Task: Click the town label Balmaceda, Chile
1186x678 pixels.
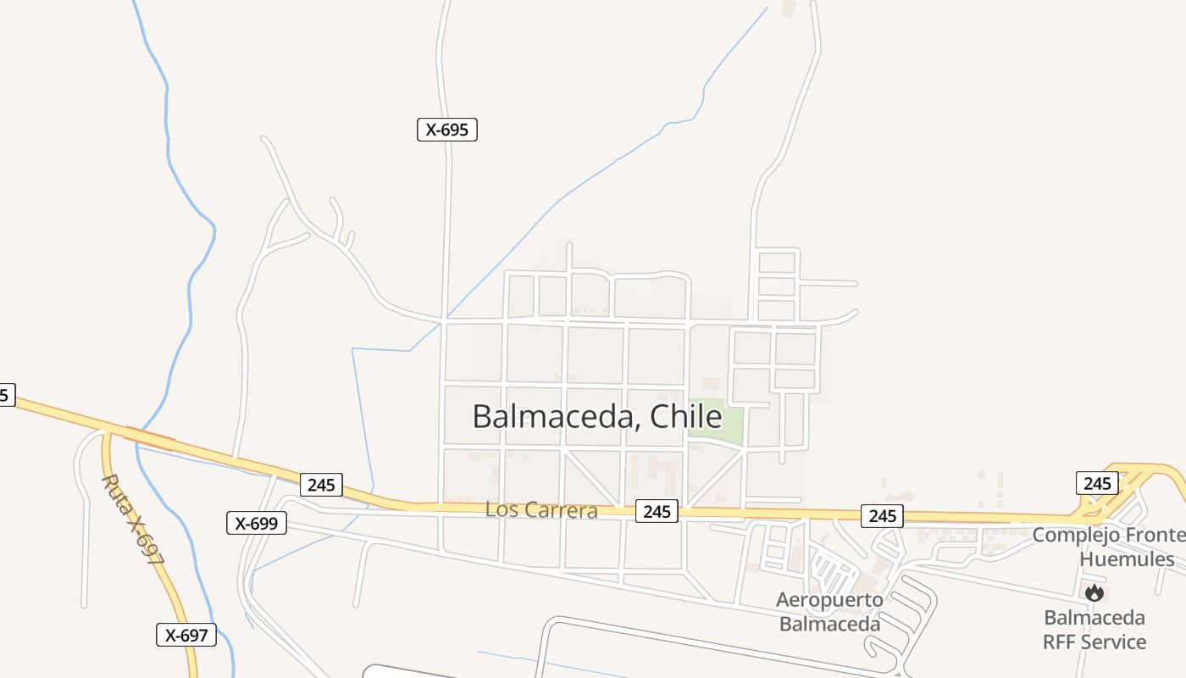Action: [596, 417]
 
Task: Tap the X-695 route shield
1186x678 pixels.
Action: [447, 130]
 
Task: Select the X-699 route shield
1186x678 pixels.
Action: [257, 523]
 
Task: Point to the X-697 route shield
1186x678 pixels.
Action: [186, 635]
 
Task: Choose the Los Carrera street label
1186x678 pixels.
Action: [541, 510]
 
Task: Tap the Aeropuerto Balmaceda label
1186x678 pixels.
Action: [829, 612]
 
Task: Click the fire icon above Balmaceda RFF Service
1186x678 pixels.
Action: [1095, 592]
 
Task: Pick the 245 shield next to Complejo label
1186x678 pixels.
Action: [1097, 483]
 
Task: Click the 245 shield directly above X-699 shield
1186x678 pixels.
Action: [321, 485]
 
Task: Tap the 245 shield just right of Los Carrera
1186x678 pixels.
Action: [657, 511]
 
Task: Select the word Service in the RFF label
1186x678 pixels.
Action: [1111, 642]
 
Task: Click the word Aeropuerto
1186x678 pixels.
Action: [829, 601]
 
